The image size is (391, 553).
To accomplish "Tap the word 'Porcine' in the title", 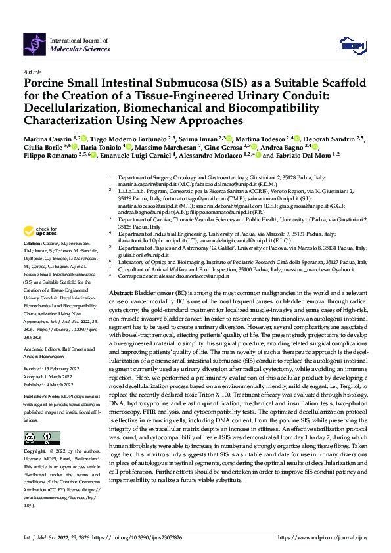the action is point(47,84).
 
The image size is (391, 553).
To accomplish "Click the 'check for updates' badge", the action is point(39,231).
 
